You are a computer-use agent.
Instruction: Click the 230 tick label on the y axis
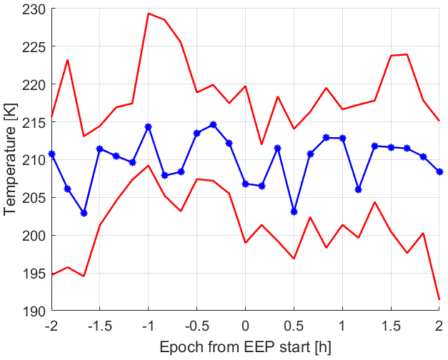tap(34, 9)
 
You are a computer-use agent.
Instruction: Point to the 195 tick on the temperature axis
tap(34, 274)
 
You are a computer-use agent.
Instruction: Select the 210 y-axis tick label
tap(34, 160)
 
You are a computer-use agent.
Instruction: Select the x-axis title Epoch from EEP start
tap(245, 346)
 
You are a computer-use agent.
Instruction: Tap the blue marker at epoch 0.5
tap(294, 211)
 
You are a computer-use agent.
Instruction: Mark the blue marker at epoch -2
tap(51, 154)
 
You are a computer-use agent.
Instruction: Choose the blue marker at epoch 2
tap(439, 172)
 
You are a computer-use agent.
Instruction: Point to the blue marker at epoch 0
tap(245, 184)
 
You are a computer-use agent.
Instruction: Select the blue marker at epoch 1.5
tap(391, 147)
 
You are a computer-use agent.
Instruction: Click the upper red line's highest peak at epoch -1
tap(148, 13)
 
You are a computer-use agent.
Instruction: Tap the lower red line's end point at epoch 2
tap(439, 300)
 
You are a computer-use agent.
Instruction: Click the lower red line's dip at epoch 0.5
tap(294, 259)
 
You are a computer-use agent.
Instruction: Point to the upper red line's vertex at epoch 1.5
tap(391, 56)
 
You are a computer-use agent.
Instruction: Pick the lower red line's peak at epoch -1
tap(148, 166)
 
